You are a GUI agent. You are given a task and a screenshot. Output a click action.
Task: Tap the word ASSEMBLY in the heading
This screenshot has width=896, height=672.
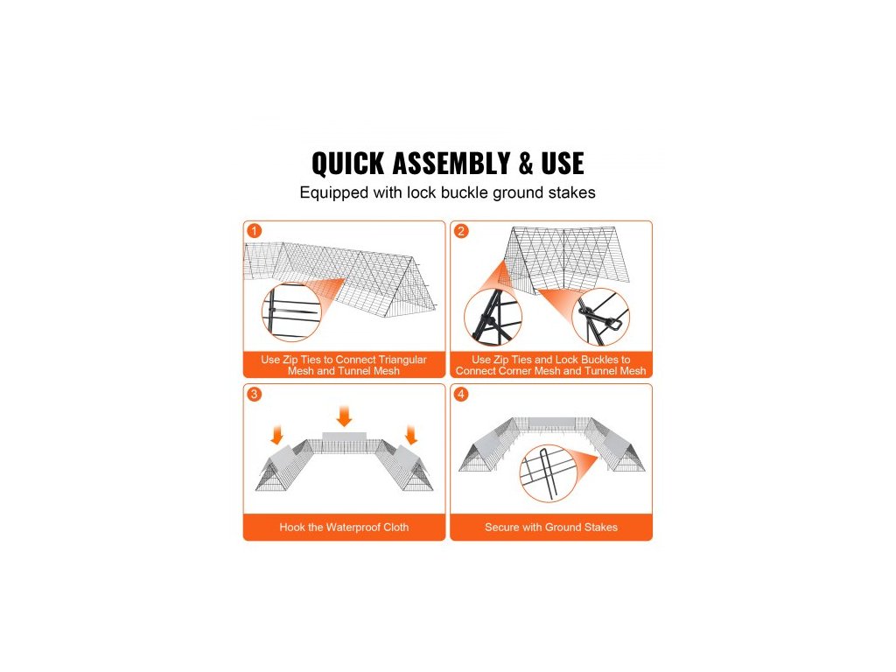451,164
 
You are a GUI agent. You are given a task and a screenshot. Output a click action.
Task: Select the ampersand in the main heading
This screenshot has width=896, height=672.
526,164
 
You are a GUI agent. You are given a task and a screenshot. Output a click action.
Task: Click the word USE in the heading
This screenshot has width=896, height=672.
563,164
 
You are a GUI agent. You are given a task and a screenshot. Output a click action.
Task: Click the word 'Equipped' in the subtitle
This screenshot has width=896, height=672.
334,193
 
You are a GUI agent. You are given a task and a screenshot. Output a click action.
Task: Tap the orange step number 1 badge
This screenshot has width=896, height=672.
255,231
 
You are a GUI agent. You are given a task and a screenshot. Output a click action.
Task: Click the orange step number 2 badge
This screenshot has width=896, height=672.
461,231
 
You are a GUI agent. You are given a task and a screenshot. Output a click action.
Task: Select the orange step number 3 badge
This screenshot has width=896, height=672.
255,394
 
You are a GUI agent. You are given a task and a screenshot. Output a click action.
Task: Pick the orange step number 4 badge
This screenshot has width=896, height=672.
461,394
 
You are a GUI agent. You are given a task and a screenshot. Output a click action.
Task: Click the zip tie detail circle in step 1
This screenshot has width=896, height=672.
262,312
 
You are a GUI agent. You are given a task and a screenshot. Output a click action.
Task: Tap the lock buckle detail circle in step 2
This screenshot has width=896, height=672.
572,317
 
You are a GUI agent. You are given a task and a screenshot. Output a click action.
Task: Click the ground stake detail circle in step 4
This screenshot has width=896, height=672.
520,473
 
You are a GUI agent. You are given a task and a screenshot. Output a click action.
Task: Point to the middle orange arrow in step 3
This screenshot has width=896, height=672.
344,416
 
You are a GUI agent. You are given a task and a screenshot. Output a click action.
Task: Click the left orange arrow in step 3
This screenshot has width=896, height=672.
277,435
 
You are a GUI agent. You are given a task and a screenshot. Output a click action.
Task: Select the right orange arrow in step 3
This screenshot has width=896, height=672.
411,435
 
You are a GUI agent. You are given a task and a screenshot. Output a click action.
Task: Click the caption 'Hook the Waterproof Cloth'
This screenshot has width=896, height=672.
344,528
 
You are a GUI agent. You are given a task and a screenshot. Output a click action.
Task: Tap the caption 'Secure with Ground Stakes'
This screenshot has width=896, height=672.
551,528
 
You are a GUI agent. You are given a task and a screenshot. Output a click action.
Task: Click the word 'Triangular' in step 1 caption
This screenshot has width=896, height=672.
402,360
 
